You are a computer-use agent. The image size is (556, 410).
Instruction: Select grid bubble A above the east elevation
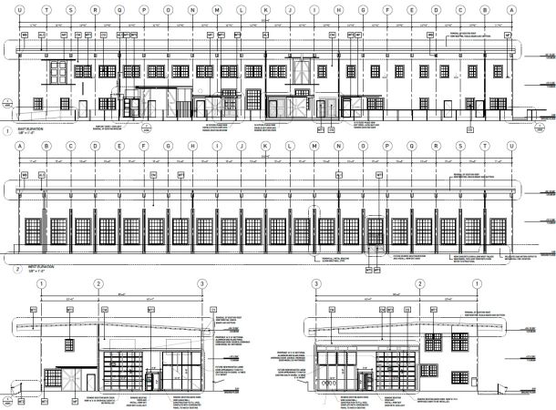coord(510,11)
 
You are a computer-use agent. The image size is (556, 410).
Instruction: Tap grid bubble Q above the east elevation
coord(118,11)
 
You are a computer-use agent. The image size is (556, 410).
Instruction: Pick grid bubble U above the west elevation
coord(510,146)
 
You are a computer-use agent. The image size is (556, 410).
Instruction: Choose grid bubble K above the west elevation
coord(265,146)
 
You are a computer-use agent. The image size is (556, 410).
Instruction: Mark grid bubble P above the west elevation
coord(387,146)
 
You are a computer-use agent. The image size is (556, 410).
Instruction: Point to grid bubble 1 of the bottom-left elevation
coord(40,284)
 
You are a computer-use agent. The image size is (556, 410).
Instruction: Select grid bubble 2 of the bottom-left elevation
coord(98,284)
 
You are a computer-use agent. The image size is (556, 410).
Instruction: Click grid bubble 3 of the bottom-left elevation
coord(201,284)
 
